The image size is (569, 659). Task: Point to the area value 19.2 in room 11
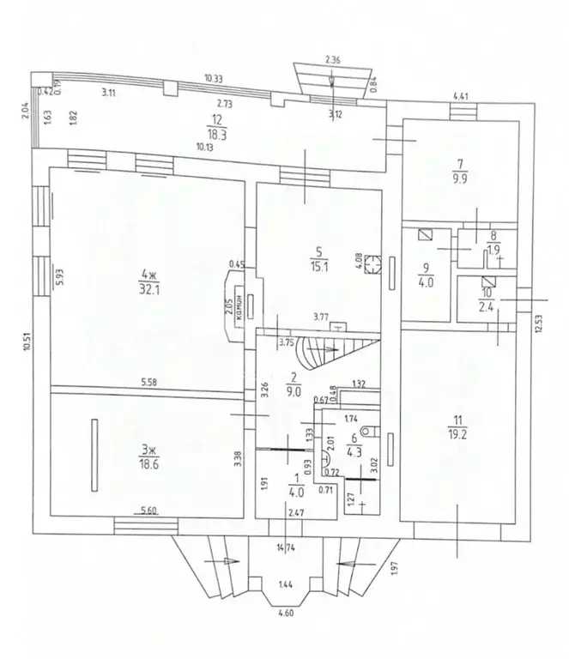[x=456, y=434]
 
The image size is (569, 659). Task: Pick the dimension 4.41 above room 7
[x=461, y=96]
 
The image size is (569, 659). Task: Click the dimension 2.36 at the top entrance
[x=334, y=59]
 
